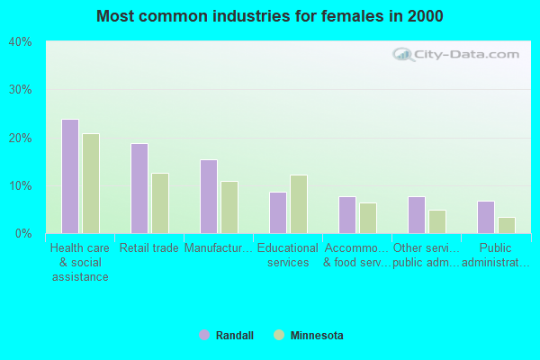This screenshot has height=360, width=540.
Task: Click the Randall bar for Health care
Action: click(x=70, y=176)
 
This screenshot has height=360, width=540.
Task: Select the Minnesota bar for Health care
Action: click(x=91, y=184)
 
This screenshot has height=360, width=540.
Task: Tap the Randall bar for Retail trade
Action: click(x=139, y=188)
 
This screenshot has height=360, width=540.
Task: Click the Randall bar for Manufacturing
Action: click(x=209, y=196)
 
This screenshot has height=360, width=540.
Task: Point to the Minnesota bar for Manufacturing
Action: click(x=229, y=207)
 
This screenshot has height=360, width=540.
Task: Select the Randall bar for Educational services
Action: click(x=278, y=212)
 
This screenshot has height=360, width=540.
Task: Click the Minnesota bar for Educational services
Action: click(x=299, y=204)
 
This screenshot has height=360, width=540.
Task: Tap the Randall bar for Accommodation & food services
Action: click(x=347, y=215)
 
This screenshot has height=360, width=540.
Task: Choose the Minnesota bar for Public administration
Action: click(x=507, y=225)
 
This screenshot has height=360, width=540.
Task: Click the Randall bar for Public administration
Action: click(x=486, y=217)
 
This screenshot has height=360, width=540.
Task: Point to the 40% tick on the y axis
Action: click(x=20, y=42)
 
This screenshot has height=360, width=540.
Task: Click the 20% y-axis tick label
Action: click(x=20, y=138)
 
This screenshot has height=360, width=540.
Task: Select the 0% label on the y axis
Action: click(x=23, y=234)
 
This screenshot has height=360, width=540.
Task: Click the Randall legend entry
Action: click(x=227, y=336)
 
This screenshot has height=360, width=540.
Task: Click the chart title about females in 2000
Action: click(x=270, y=16)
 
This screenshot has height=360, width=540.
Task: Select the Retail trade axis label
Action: click(x=149, y=248)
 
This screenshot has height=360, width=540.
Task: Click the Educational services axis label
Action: click(x=288, y=256)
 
